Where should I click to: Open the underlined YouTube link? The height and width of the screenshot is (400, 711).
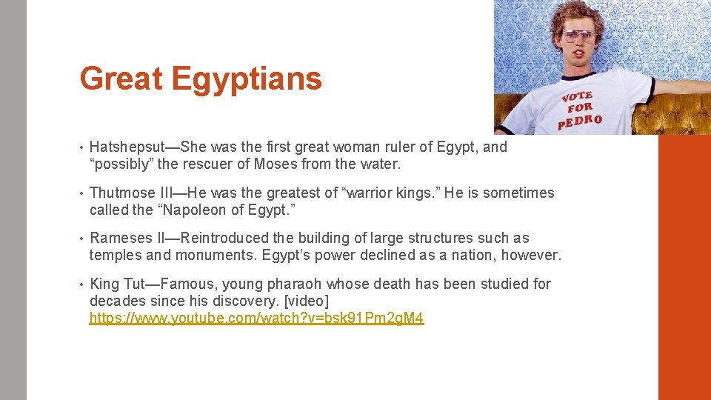click(x=256, y=319)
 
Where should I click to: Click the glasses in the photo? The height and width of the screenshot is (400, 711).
click(x=578, y=35)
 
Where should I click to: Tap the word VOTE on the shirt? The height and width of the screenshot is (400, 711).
click(x=577, y=96)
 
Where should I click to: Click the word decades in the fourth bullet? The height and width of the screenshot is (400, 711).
click(x=116, y=301)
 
